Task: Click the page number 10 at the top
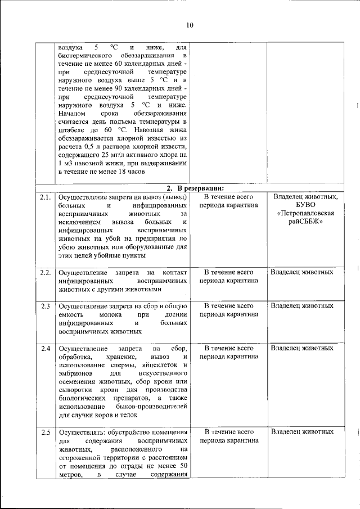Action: [x=189, y=25]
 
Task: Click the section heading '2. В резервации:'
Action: [x=195, y=187]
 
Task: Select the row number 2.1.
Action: [x=46, y=197]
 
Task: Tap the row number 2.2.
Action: [x=46, y=272]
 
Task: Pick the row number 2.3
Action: [x=46, y=306]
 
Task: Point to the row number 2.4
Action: [x=46, y=348]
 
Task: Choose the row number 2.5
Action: [x=46, y=432]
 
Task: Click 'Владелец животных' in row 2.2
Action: [x=302, y=272]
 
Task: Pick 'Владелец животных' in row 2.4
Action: [x=302, y=348]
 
